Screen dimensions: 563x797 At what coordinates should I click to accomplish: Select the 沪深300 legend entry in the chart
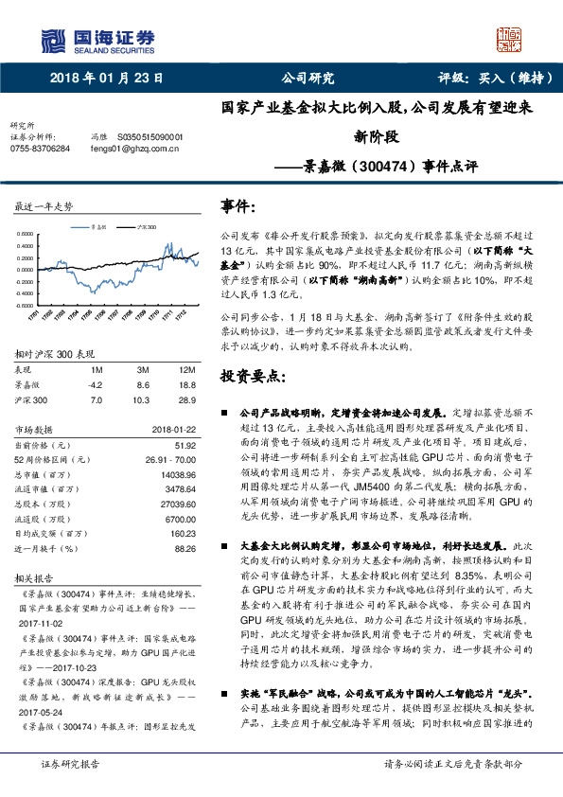click(145, 227)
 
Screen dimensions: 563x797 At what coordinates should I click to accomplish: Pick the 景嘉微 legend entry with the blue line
click(101, 227)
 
